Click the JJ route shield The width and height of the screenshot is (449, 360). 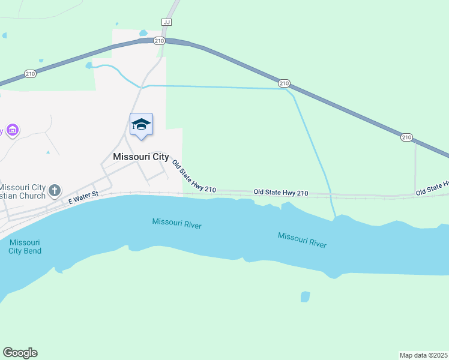click(x=167, y=22)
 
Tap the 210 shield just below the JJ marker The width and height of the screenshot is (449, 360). click(x=158, y=41)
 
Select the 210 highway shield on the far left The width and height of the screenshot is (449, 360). click(x=30, y=73)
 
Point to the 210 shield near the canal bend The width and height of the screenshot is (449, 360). click(x=285, y=83)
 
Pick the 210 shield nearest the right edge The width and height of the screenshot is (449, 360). click(x=406, y=138)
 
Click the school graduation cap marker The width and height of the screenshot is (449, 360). click(x=141, y=124)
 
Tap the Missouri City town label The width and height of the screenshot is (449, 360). click(x=140, y=157)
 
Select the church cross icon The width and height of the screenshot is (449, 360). click(x=54, y=191)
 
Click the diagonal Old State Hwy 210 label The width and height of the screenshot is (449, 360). click(x=193, y=176)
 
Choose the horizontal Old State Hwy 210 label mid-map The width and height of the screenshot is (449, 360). click(x=281, y=193)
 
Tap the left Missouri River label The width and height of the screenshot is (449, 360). click(x=176, y=224)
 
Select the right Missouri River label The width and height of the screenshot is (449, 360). click(x=302, y=239)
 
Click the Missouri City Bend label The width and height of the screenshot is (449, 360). click(x=25, y=247)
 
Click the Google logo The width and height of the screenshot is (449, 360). click(x=20, y=353)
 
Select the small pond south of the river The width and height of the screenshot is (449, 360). click(x=305, y=296)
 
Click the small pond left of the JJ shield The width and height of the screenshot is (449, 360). click(x=143, y=33)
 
